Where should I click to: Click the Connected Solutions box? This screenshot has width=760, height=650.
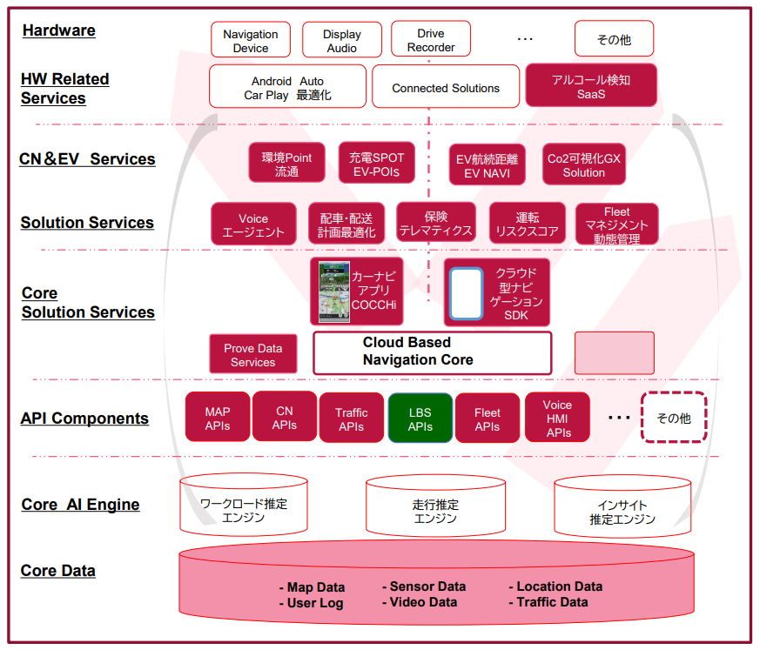[446, 88]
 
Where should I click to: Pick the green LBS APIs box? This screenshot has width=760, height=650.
[420, 419]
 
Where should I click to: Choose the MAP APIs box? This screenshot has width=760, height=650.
[218, 419]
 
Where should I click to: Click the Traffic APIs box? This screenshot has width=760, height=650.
[352, 419]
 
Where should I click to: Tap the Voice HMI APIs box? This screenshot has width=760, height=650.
[557, 419]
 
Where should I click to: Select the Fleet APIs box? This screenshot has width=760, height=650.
[488, 419]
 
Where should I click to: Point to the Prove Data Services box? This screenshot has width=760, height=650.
[252, 355]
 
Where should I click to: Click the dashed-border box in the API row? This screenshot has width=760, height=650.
[674, 419]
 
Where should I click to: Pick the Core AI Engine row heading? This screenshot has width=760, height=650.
[80, 505]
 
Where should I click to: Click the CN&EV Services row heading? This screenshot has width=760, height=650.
[87, 159]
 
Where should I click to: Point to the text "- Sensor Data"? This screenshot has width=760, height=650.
[424, 586]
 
